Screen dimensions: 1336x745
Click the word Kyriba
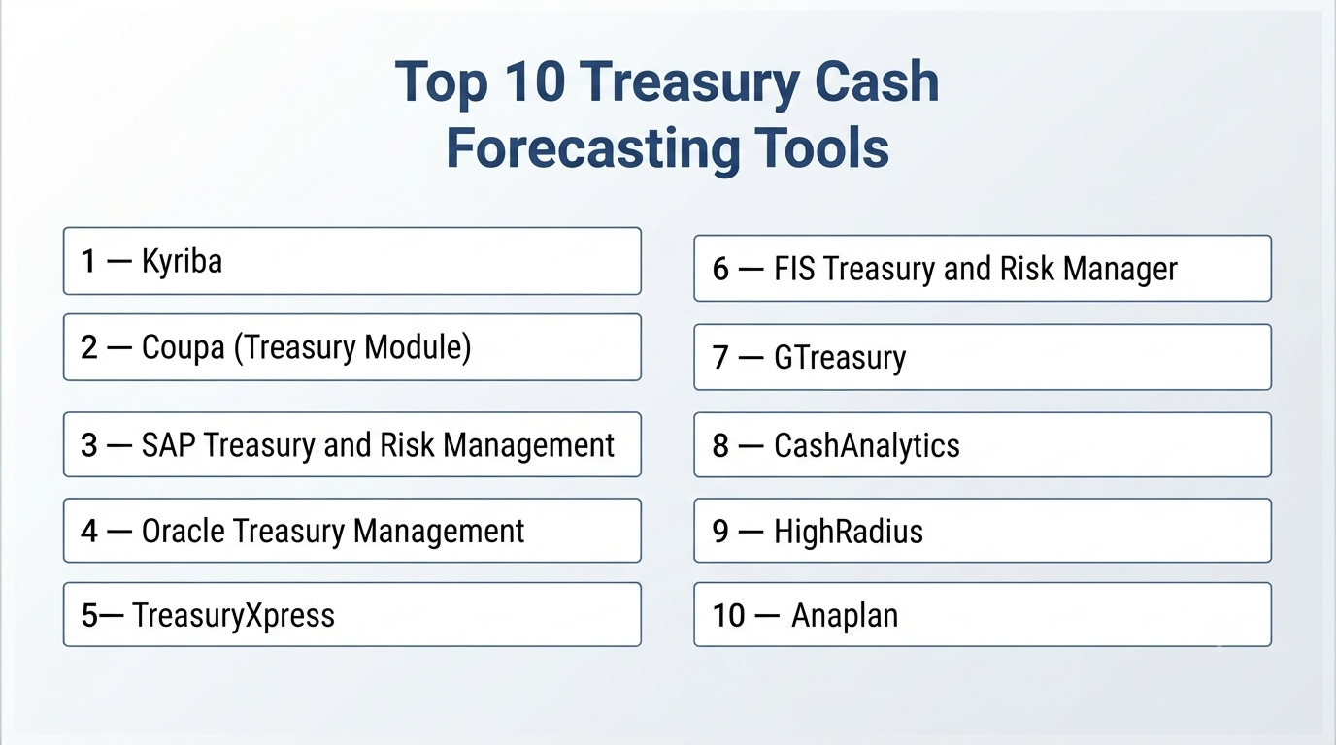click(182, 262)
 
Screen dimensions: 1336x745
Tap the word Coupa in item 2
click(184, 348)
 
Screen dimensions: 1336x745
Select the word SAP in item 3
click(168, 445)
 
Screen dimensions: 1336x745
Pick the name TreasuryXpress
click(233, 616)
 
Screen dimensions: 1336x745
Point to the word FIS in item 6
click(794, 269)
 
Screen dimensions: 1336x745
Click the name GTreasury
click(840, 358)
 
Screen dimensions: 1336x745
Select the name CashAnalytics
click(867, 446)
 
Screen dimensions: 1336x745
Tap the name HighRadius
click(849, 531)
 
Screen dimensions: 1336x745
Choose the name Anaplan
click(845, 616)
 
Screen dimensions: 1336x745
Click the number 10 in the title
click(534, 81)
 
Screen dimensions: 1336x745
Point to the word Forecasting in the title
click(593, 148)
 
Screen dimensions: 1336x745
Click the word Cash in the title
click(877, 81)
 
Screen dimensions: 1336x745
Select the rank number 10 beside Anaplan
click(728, 616)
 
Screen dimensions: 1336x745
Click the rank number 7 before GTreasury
click(720, 358)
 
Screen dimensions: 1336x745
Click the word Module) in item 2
click(417, 348)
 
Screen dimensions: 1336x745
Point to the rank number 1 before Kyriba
click(88, 262)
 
